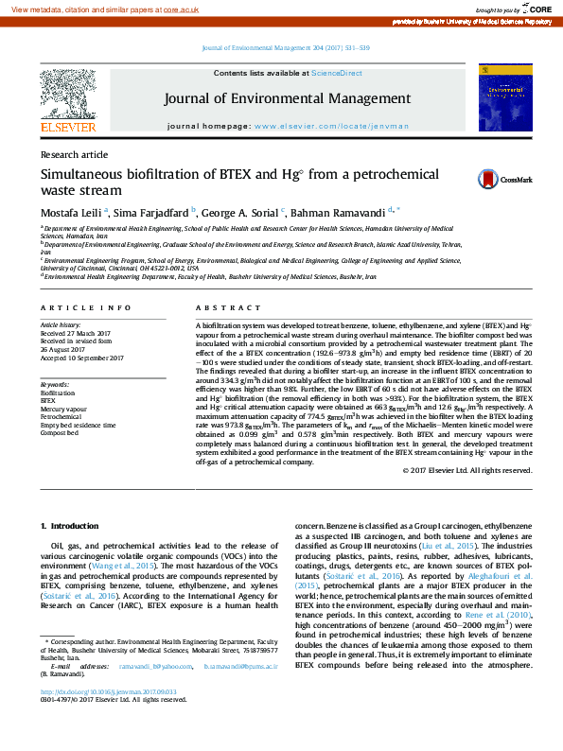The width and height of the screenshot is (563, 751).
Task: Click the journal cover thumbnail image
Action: (504, 97)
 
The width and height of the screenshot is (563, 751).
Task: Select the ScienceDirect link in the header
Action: (337, 73)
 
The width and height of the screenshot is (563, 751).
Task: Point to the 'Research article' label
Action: (74, 154)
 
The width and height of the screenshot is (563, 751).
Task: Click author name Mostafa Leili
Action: (71, 213)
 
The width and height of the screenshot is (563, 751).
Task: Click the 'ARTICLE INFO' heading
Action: (86, 308)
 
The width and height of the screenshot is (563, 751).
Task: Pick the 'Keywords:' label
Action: (54, 384)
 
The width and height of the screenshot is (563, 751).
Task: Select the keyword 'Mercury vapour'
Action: (61, 408)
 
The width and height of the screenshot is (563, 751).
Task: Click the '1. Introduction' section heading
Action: (69, 525)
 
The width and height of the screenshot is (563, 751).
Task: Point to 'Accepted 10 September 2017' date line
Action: (81, 358)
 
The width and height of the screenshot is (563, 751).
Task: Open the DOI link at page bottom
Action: (96, 718)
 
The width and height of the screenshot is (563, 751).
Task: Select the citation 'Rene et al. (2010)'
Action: (498, 616)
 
